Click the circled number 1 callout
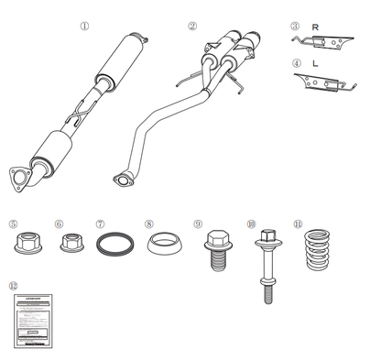pos(84,27)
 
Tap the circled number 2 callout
pos(191,27)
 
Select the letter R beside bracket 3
pos(315,27)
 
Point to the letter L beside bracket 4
pos(315,63)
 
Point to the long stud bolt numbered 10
pos(267,260)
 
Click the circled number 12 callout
pos(12,286)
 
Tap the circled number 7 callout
pos(100,223)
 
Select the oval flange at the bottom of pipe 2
pos(122,179)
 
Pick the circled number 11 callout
pos(298,223)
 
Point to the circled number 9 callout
pos(198,223)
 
